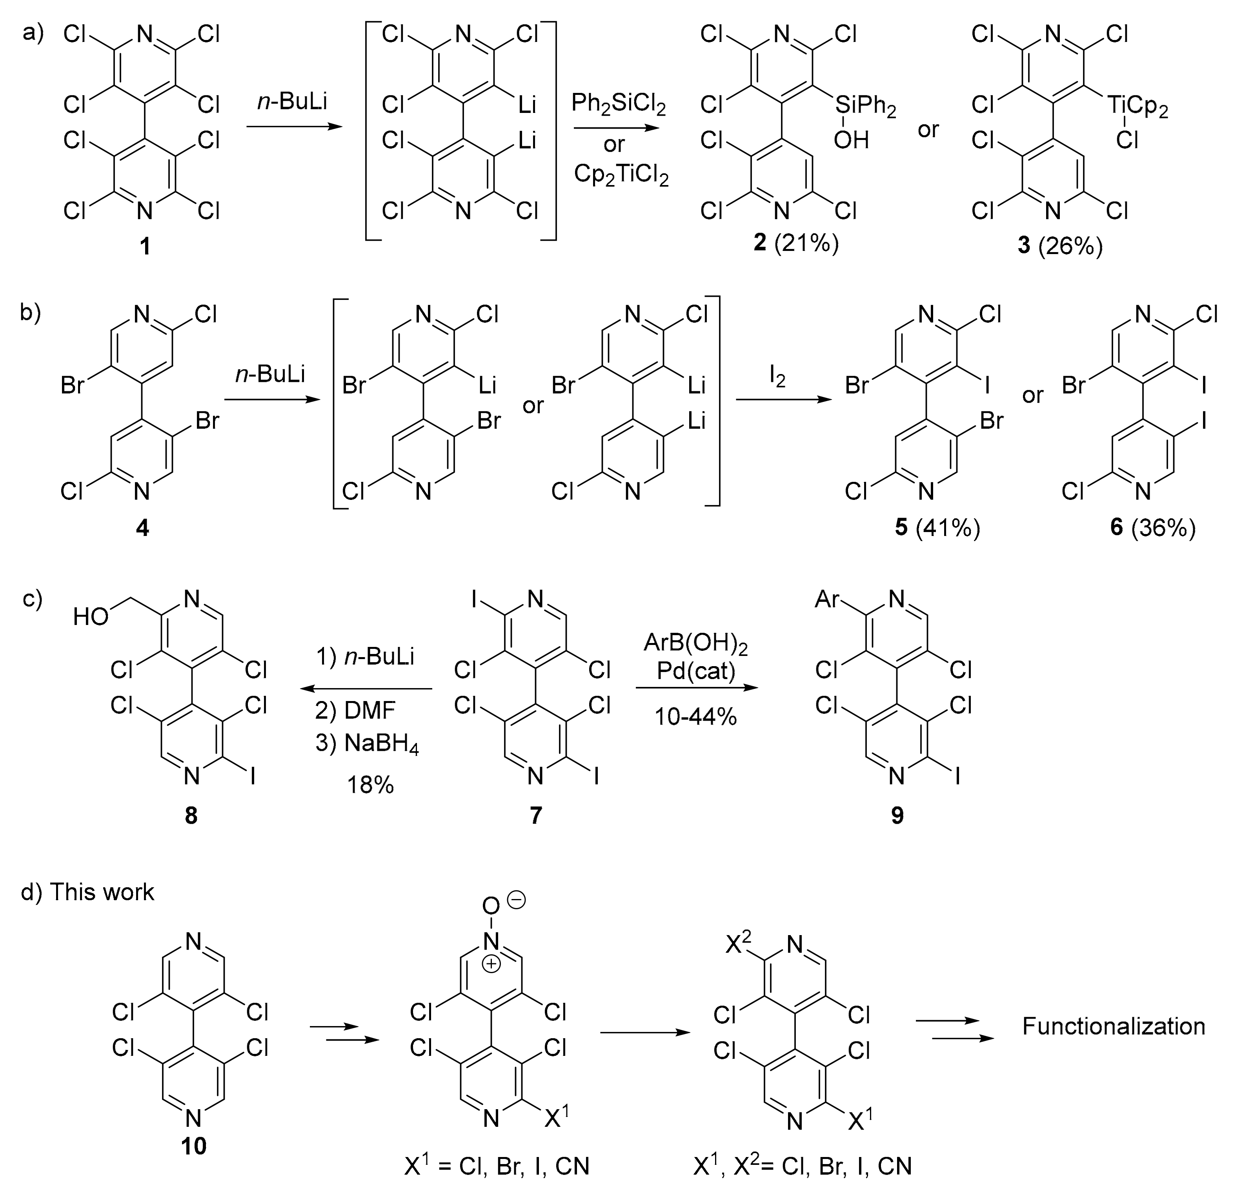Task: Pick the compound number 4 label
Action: click(142, 527)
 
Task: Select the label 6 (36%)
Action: click(1152, 527)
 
